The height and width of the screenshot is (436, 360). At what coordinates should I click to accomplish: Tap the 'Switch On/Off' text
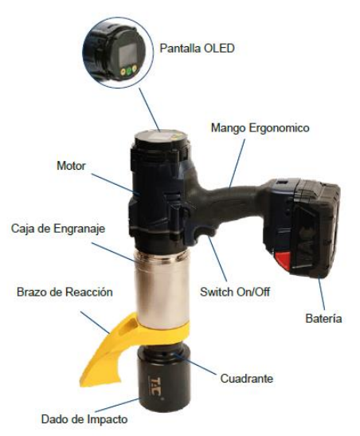tap(235, 293)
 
